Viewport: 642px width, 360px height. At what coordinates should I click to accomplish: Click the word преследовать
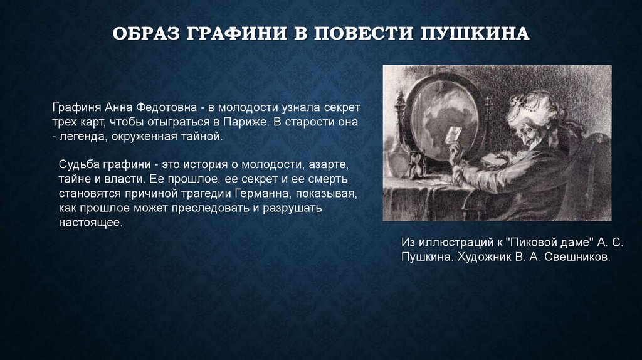[216, 208]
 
